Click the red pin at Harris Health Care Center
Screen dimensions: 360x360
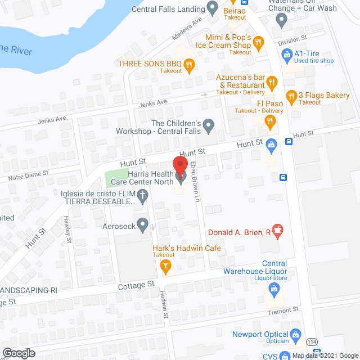pos(179,168)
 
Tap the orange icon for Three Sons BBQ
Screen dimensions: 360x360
pos(190,66)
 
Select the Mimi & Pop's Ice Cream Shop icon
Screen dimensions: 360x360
pos(258,42)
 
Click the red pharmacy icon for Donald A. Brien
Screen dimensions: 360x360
pos(277,230)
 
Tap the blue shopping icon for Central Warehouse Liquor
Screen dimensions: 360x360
pos(274,290)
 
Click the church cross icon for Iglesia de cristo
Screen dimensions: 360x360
pos(143,196)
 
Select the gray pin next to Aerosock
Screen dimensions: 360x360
pos(143,226)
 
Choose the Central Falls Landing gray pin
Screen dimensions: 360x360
pos(212,8)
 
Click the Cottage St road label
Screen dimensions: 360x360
pos(136,286)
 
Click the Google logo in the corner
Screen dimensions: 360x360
pos(18,353)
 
